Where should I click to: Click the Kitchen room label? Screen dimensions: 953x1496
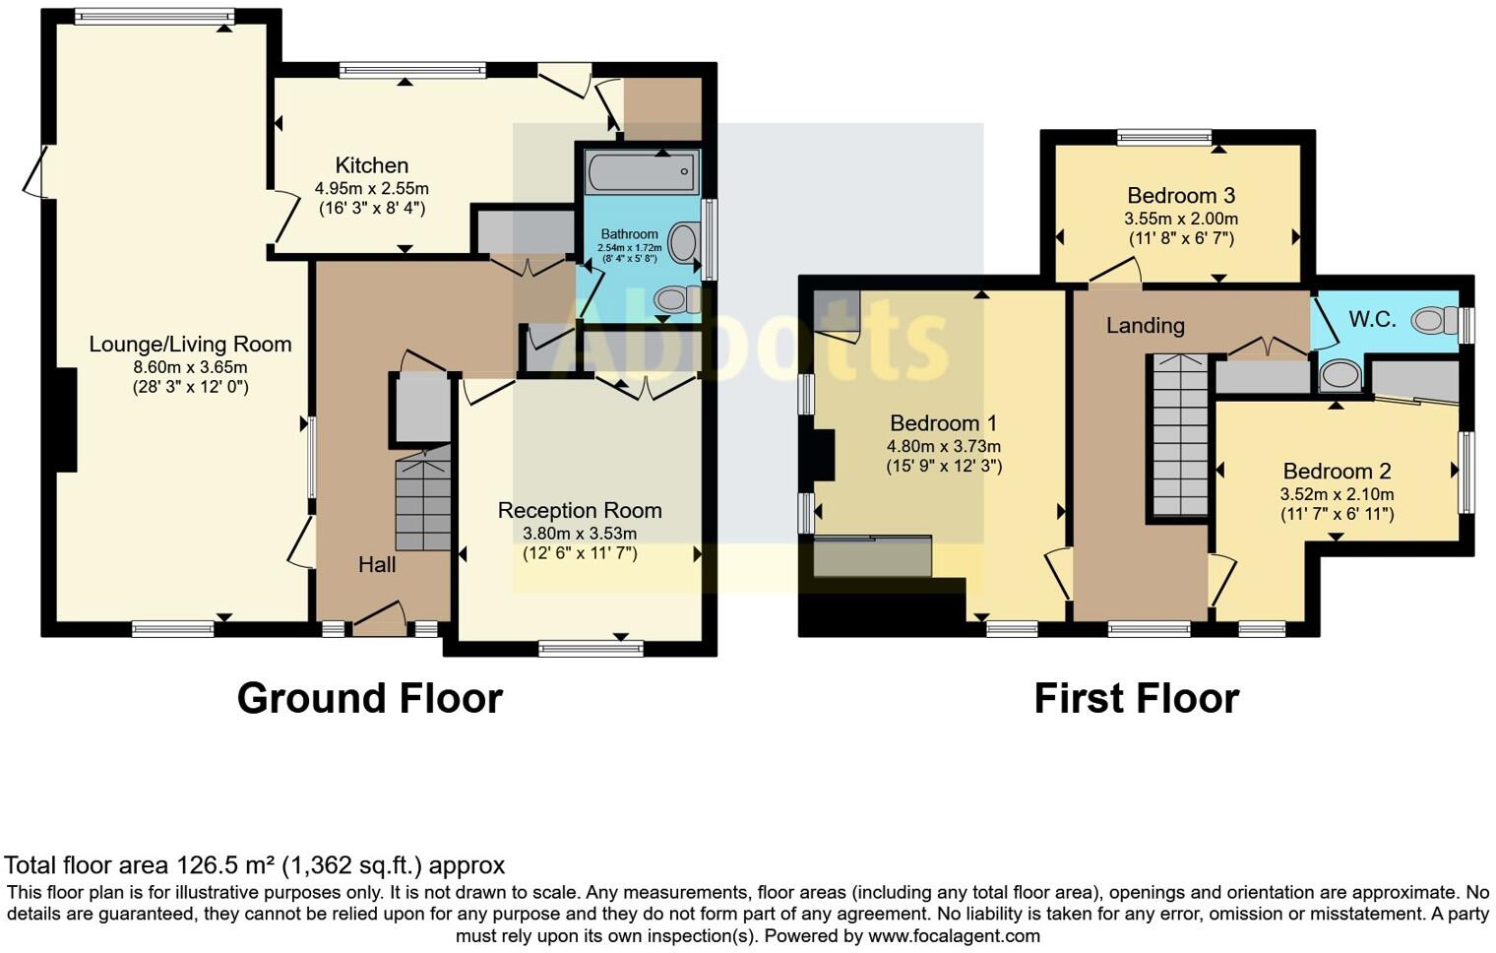point(371,165)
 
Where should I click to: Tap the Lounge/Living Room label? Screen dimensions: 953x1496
point(190,345)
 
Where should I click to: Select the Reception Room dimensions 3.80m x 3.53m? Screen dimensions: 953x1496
point(579,534)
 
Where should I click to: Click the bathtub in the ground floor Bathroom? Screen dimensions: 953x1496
point(641,173)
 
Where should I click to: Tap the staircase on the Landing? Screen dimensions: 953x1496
point(1179,435)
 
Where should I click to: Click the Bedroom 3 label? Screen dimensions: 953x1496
point(1180,195)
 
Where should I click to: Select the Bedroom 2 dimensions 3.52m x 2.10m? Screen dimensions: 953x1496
point(1336,494)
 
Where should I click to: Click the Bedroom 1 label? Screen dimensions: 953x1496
point(943,423)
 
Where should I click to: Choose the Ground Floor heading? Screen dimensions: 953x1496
point(369,698)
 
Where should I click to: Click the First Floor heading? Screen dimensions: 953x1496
point(1136,698)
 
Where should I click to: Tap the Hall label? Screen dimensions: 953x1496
point(377,564)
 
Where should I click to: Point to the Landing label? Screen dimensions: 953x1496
point(1145,325)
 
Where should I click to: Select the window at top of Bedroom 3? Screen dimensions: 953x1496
point(1164,137)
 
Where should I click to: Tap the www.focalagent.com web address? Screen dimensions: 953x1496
point(954,935)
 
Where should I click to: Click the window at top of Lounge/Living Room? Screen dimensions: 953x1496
point(154,16)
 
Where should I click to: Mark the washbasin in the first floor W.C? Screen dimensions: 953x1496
point(1339,375)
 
